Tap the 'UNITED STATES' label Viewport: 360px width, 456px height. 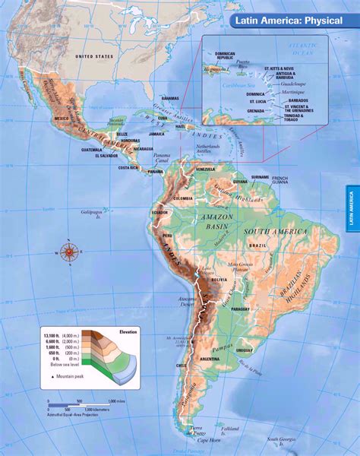(94, 55)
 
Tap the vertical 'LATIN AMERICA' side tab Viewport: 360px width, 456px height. (352, 207)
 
